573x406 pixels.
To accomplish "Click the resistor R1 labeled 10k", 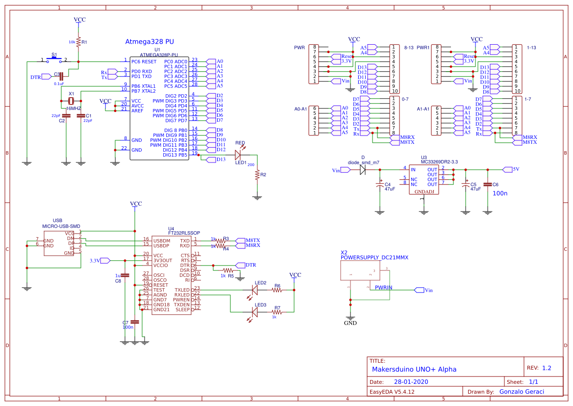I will (79, 43).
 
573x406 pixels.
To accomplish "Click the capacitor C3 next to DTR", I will (62, 76).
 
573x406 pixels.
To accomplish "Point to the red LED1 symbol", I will (239, 155).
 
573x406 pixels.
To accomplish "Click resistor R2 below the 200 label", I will (257, 175).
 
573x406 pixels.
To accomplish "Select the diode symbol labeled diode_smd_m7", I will (363, 169).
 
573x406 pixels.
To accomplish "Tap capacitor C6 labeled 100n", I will (487, 185).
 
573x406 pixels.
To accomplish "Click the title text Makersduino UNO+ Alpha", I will (414, 369).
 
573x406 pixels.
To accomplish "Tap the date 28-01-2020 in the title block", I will (411, 381).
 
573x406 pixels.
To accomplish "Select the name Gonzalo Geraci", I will (522, 391).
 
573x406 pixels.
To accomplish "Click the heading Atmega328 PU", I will (150, 43).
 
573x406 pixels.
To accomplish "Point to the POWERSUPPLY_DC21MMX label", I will (374, 257).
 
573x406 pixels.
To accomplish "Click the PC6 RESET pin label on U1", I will (144, 61).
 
